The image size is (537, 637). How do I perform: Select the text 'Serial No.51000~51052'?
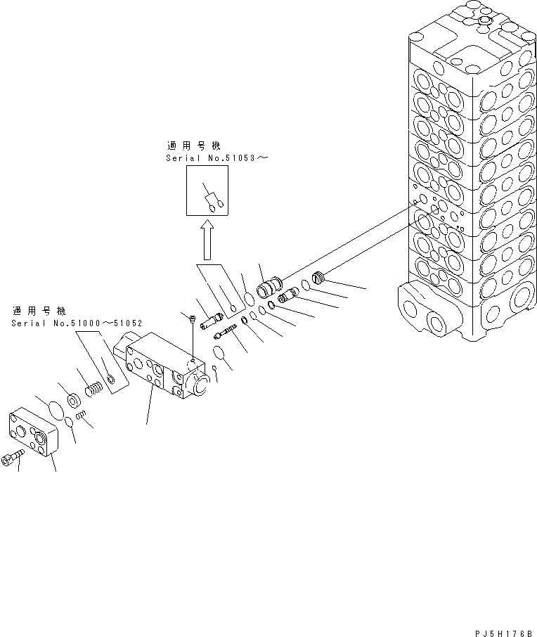point(77,323)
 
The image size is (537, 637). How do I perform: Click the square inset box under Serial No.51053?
point(208,193)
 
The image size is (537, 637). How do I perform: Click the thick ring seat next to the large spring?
point(73,401)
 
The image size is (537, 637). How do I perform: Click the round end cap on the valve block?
point(198,384)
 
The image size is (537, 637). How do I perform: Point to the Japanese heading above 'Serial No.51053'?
point(193,146)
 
